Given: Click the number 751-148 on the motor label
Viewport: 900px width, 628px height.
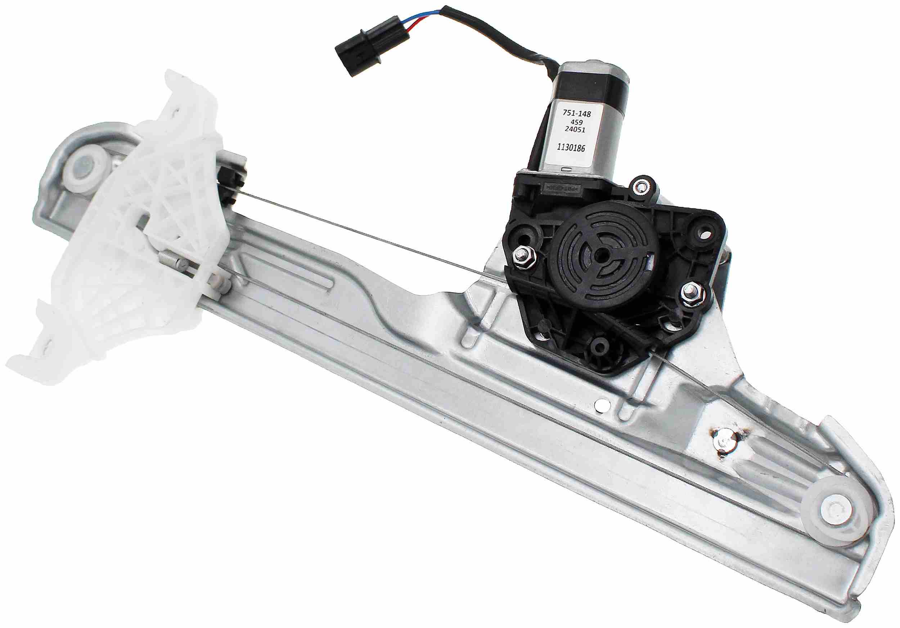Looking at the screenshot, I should [x=577, y=114].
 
